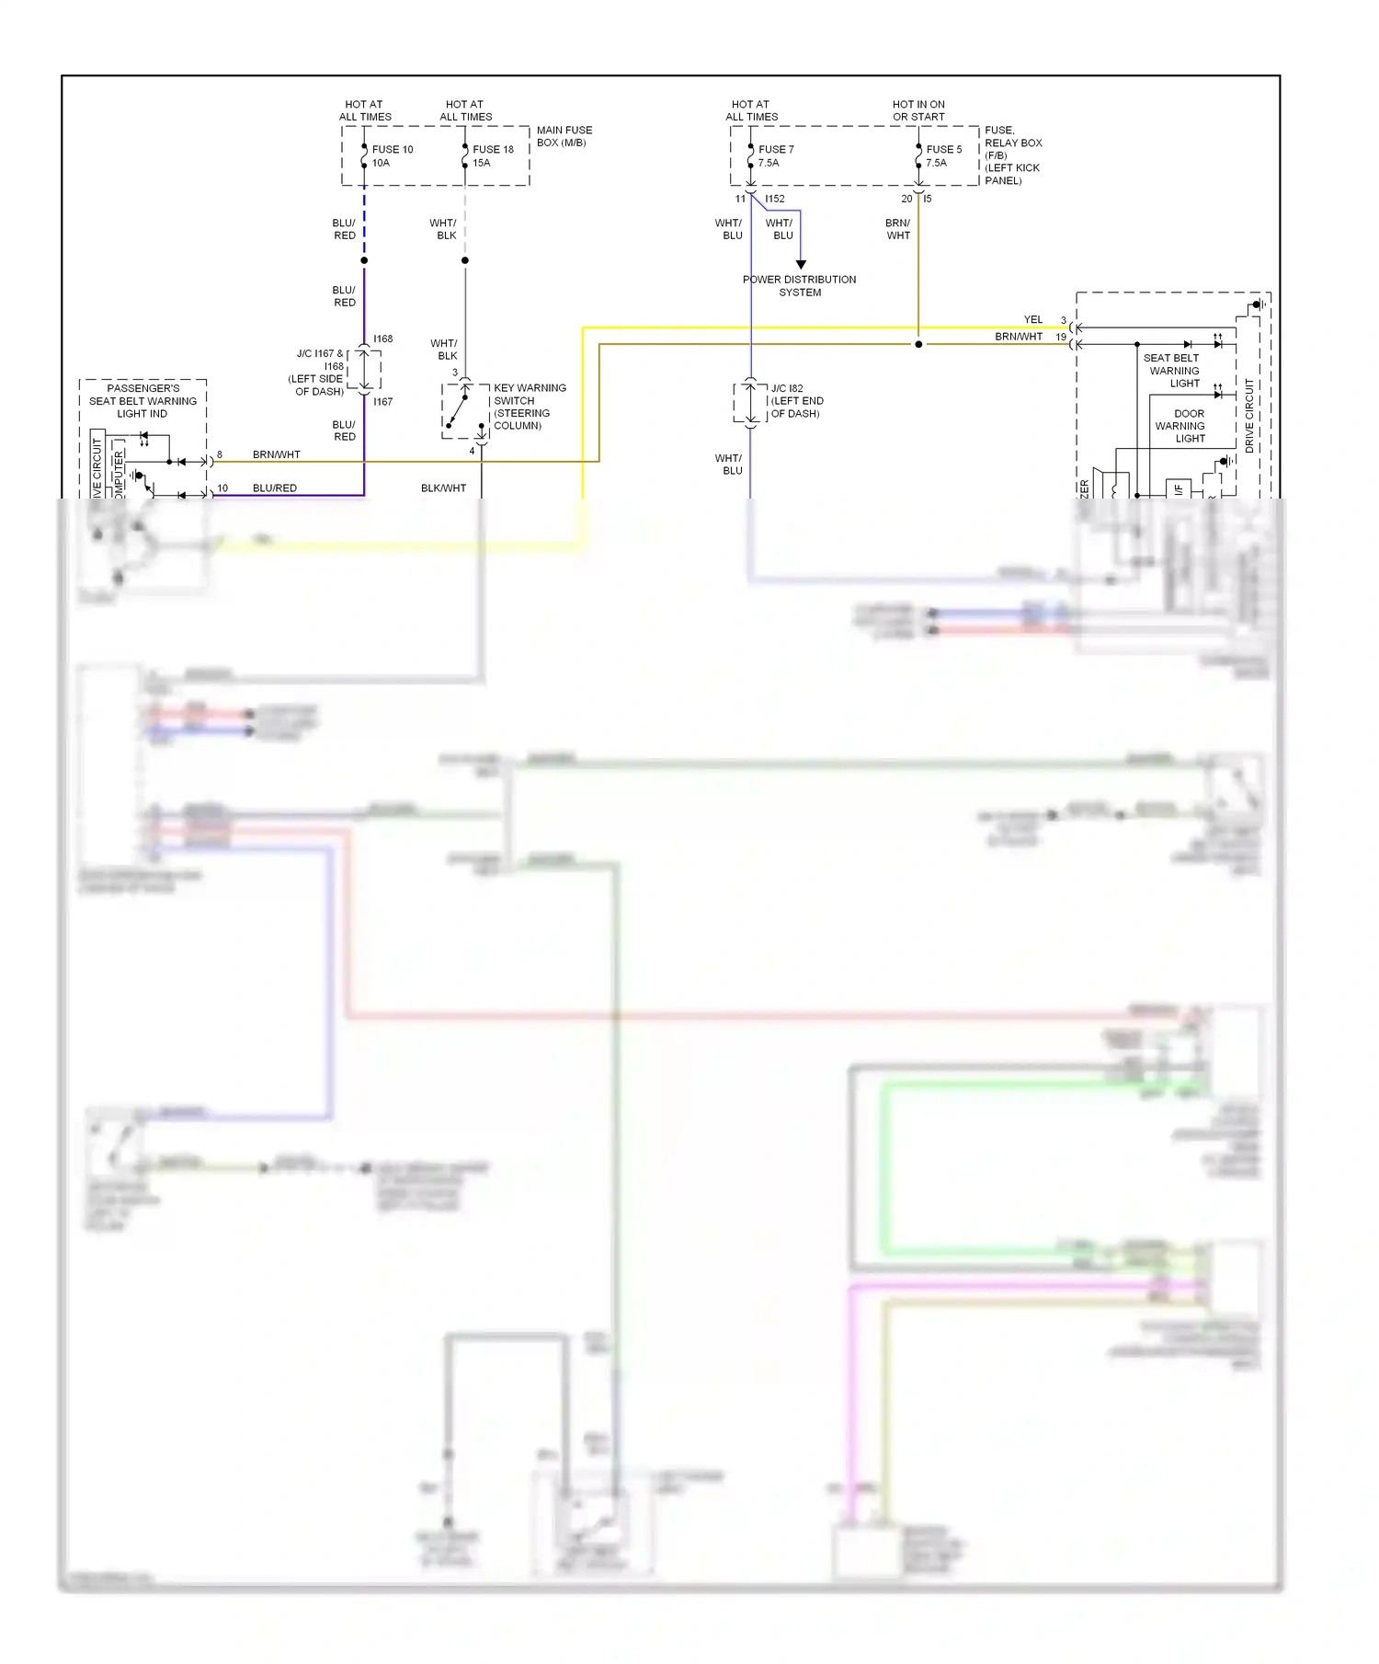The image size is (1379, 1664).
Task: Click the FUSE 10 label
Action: tap(393, 149)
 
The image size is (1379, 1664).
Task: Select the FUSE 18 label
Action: tap(493, 149)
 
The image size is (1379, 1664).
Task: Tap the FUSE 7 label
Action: tap(776, 149)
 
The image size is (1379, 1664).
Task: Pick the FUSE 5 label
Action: tap(944, 149)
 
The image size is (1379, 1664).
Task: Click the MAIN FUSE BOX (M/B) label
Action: tap(564, 136)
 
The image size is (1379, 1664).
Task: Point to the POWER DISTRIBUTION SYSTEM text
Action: tap(799, 286)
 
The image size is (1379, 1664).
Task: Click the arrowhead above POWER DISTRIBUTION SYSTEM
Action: tap(801, 265)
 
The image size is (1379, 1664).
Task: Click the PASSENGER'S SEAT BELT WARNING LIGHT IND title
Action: tap(142, 401)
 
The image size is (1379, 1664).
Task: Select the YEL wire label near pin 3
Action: tap(1033, 320)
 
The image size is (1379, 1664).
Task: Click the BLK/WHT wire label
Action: tap(443, 488)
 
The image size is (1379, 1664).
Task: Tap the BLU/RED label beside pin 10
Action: tap(275, 488)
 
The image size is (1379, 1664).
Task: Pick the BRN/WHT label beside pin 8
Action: tap(277, 455)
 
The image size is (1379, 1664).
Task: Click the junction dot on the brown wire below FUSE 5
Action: tap(918, 345)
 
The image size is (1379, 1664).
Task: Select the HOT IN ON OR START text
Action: tap(918, 110)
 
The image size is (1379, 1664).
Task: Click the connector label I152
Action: tap(775, 199)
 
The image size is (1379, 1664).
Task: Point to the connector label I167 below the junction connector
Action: tap(383, 402)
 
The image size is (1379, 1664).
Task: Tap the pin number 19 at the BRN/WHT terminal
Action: tap(1061, 338)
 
